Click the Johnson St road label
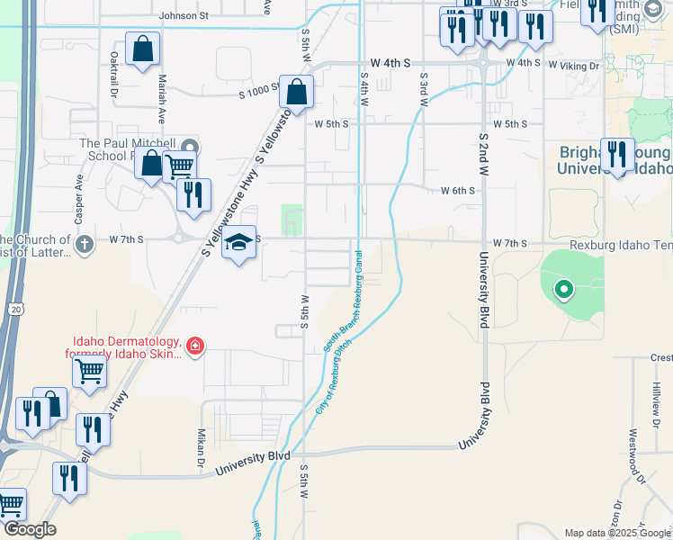[x=184, y=15]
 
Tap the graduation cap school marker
[x=239, y=242]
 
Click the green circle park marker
[x=563, y=289]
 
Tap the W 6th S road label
[x=457, y=191]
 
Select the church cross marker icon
[x=84, y=244]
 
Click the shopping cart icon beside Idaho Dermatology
[x=90, y=370]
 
